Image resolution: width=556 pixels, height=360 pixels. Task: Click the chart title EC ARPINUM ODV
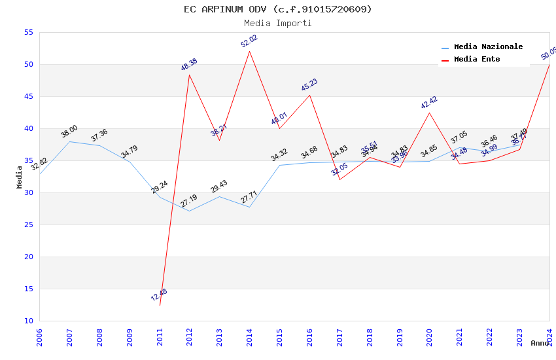click(277, 9)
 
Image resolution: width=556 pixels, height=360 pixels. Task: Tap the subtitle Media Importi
click(277, 23)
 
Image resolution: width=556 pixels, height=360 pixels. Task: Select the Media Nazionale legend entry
click(488, 46)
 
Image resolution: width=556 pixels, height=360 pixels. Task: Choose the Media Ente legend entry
click(476, 59)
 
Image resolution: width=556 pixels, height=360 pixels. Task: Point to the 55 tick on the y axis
click(28, 33)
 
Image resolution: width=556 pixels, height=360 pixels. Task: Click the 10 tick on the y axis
click(28, 321)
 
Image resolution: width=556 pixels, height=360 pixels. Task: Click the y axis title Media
click(20, 177)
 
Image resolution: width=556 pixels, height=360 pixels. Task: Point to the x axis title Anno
click(540, 343)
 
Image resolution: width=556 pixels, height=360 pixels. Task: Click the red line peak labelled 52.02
click(249, 51)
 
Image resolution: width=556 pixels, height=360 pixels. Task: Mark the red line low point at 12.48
click(160, 305)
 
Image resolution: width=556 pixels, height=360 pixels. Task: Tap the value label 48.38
click(189, 65)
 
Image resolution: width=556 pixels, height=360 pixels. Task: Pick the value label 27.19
click(189, 201)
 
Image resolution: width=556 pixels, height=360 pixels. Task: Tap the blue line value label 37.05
click(459, 137)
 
